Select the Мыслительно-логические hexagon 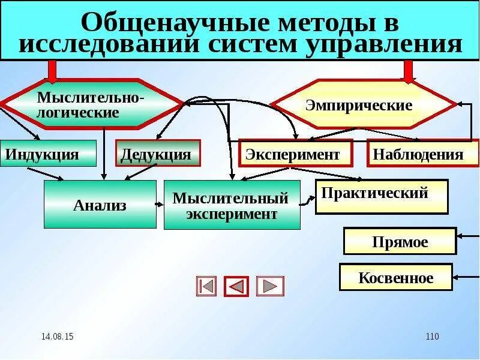click(91, 104)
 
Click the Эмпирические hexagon click(364, 105)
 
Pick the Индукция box click(48, 154)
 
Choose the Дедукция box click(157, 154)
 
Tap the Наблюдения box click(423, 154)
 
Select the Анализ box click(100, 205)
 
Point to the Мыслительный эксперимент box click(232, 206)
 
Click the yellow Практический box click(382, 196)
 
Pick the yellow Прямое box click(400, 241)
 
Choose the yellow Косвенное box click(395, 277)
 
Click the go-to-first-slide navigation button click(206, 286)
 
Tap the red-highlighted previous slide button click(236, 286)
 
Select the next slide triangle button click(270, 286)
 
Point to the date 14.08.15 click(58, 337)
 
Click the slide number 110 click(432, 337)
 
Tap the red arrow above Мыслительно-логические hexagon click(52, 71)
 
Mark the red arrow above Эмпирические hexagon click(409, 71)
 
